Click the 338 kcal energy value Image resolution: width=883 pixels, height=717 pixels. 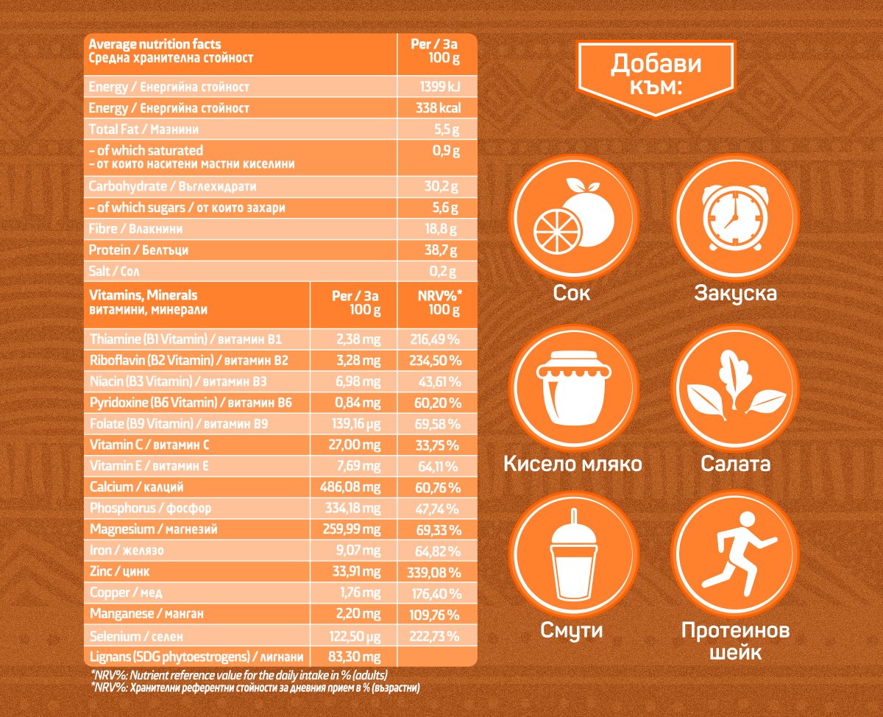point(439,108)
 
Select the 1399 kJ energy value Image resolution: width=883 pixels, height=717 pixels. point(439,87)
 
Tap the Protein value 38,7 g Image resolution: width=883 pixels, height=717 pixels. point(441,250)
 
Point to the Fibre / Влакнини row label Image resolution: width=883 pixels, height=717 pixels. point(136,229)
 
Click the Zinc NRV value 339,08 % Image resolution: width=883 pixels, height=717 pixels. point(434,572)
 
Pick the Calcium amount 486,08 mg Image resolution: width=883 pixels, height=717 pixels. point(350,487)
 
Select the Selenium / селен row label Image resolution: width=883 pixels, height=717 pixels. point(136,636)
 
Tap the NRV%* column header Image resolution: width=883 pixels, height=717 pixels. point(439,303)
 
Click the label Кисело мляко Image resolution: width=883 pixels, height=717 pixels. point(572,464)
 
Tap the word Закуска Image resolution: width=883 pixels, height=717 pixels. point(736,293)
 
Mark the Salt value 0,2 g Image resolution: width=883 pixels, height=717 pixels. point(444,272)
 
